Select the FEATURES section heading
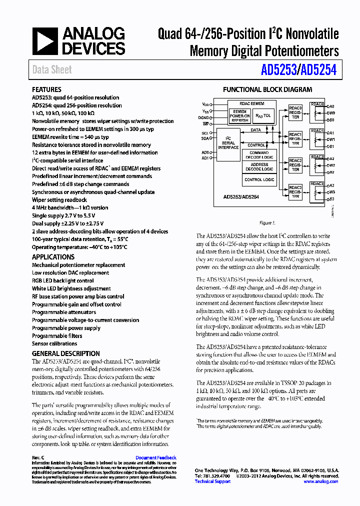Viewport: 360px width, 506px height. (46, 89)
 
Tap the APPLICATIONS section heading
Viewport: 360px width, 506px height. (53, 257)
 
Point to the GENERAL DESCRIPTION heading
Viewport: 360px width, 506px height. (65, 353)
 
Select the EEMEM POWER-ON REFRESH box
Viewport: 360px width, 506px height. (240, 116)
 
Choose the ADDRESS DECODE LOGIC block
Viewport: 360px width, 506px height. (259, 167)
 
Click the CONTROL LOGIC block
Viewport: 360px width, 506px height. (259, 179)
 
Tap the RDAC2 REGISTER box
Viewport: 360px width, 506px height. (295, 165)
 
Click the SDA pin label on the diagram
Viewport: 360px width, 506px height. (205, 139)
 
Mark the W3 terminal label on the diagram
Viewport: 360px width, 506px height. (331, 192)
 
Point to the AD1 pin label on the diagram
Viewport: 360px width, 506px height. (205, 158)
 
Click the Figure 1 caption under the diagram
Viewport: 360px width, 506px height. (267, 223)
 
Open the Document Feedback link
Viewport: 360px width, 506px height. (155, 457)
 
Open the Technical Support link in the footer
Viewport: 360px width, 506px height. (212, 481)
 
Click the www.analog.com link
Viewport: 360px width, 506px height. (320, 481)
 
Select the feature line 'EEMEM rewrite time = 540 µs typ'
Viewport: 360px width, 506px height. (70, 137)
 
